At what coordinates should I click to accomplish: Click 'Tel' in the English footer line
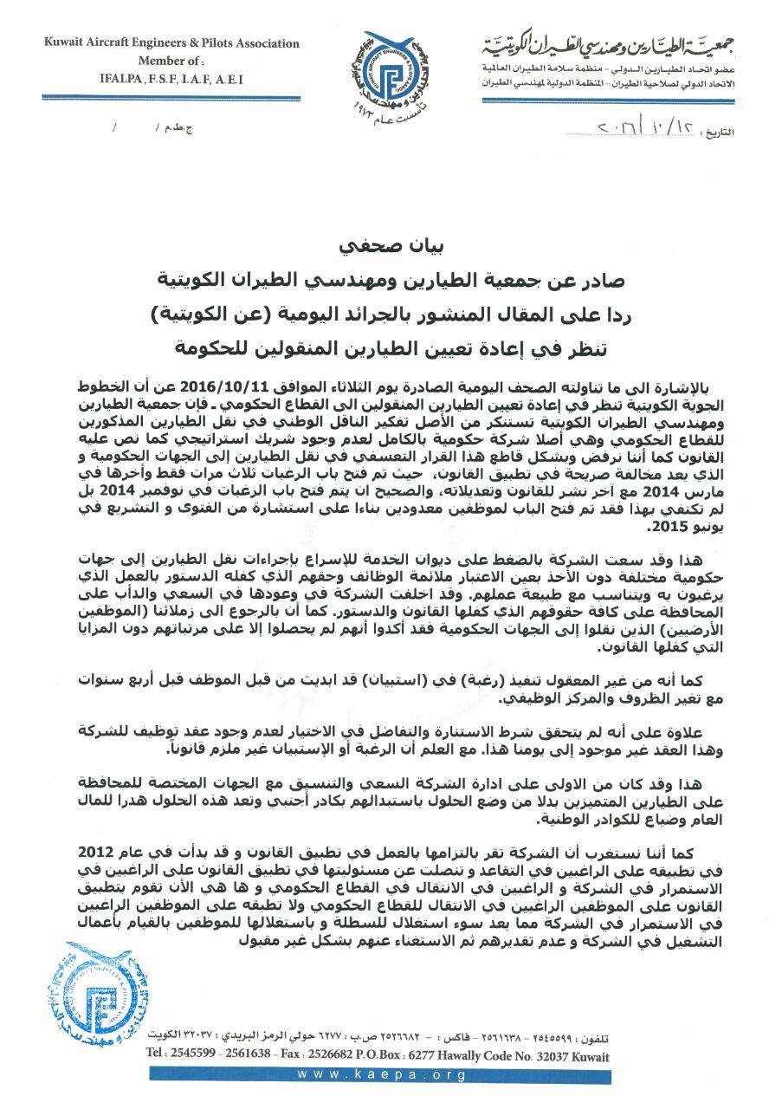pos(158,1056)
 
